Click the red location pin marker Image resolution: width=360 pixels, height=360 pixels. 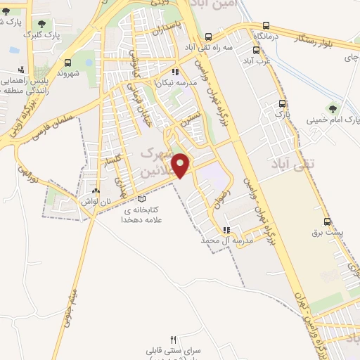pyautogui.click(x=181, y=165)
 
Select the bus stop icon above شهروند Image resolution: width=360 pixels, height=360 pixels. pyautogui.click(x=67, y=63)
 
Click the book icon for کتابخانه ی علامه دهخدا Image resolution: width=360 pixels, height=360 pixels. pyautogui.click(x=142, y=199)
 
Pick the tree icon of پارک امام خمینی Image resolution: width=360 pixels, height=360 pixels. pyautogui.click(x=333, y=109)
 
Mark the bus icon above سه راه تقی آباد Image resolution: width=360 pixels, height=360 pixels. pyautogui.click(x=207, y=37)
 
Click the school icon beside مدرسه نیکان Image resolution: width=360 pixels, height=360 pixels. pyautogui.click(x=175, y=72)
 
